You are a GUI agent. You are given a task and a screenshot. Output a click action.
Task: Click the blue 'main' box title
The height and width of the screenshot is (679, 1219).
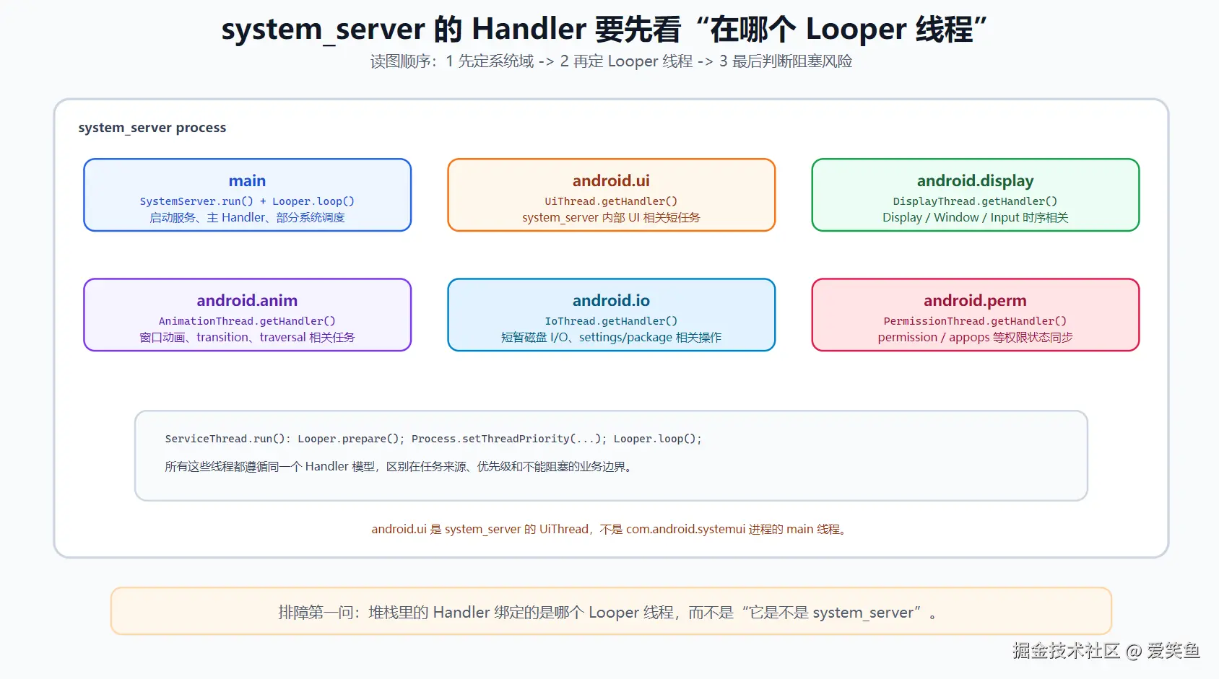[x=247, y=180]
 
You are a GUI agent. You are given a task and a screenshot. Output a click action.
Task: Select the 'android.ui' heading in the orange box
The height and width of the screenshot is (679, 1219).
[x=611, y=180]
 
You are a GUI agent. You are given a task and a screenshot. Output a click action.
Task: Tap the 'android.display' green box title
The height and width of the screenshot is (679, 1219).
[x=975, y=180]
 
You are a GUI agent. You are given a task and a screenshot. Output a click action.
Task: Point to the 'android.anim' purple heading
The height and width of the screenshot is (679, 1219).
[x=247, y=300]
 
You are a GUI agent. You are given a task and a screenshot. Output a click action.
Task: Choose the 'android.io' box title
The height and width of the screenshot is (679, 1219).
[x=611, y=300]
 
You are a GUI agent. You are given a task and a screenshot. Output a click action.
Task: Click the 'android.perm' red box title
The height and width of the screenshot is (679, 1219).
[x=975, y=300]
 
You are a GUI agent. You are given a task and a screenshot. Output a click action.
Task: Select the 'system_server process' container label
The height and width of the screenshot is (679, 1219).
[x=152, y=127]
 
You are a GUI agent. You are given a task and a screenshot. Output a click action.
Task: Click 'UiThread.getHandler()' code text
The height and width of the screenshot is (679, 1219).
[x=611, y=201]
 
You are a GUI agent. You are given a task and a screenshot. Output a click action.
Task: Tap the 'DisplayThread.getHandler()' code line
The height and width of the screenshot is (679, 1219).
[x=975, y=201]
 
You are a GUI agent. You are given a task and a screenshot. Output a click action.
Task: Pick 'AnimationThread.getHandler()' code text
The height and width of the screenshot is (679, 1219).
[x=247, y=321]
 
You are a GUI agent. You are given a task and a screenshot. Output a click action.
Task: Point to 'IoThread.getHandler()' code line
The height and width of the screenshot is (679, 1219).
[x=611, y=321]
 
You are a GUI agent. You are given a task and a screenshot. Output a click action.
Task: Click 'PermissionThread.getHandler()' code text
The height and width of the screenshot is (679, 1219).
[x=975, y=321]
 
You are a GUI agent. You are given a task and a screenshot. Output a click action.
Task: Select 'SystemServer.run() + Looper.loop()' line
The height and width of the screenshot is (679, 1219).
[x=247, y=201]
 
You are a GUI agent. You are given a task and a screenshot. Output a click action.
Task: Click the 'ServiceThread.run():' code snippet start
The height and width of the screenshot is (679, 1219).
[x=228, y=439]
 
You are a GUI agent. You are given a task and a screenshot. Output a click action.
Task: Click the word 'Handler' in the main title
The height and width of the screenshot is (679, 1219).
[x=529, y=29]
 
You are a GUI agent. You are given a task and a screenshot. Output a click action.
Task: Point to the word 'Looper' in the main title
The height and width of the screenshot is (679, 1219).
[x=856, y=30]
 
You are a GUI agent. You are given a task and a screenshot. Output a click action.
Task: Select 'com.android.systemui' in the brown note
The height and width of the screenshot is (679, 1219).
[x=685, y=529]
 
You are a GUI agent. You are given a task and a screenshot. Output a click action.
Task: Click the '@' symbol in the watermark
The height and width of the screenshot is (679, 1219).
[x=1133, y=651]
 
